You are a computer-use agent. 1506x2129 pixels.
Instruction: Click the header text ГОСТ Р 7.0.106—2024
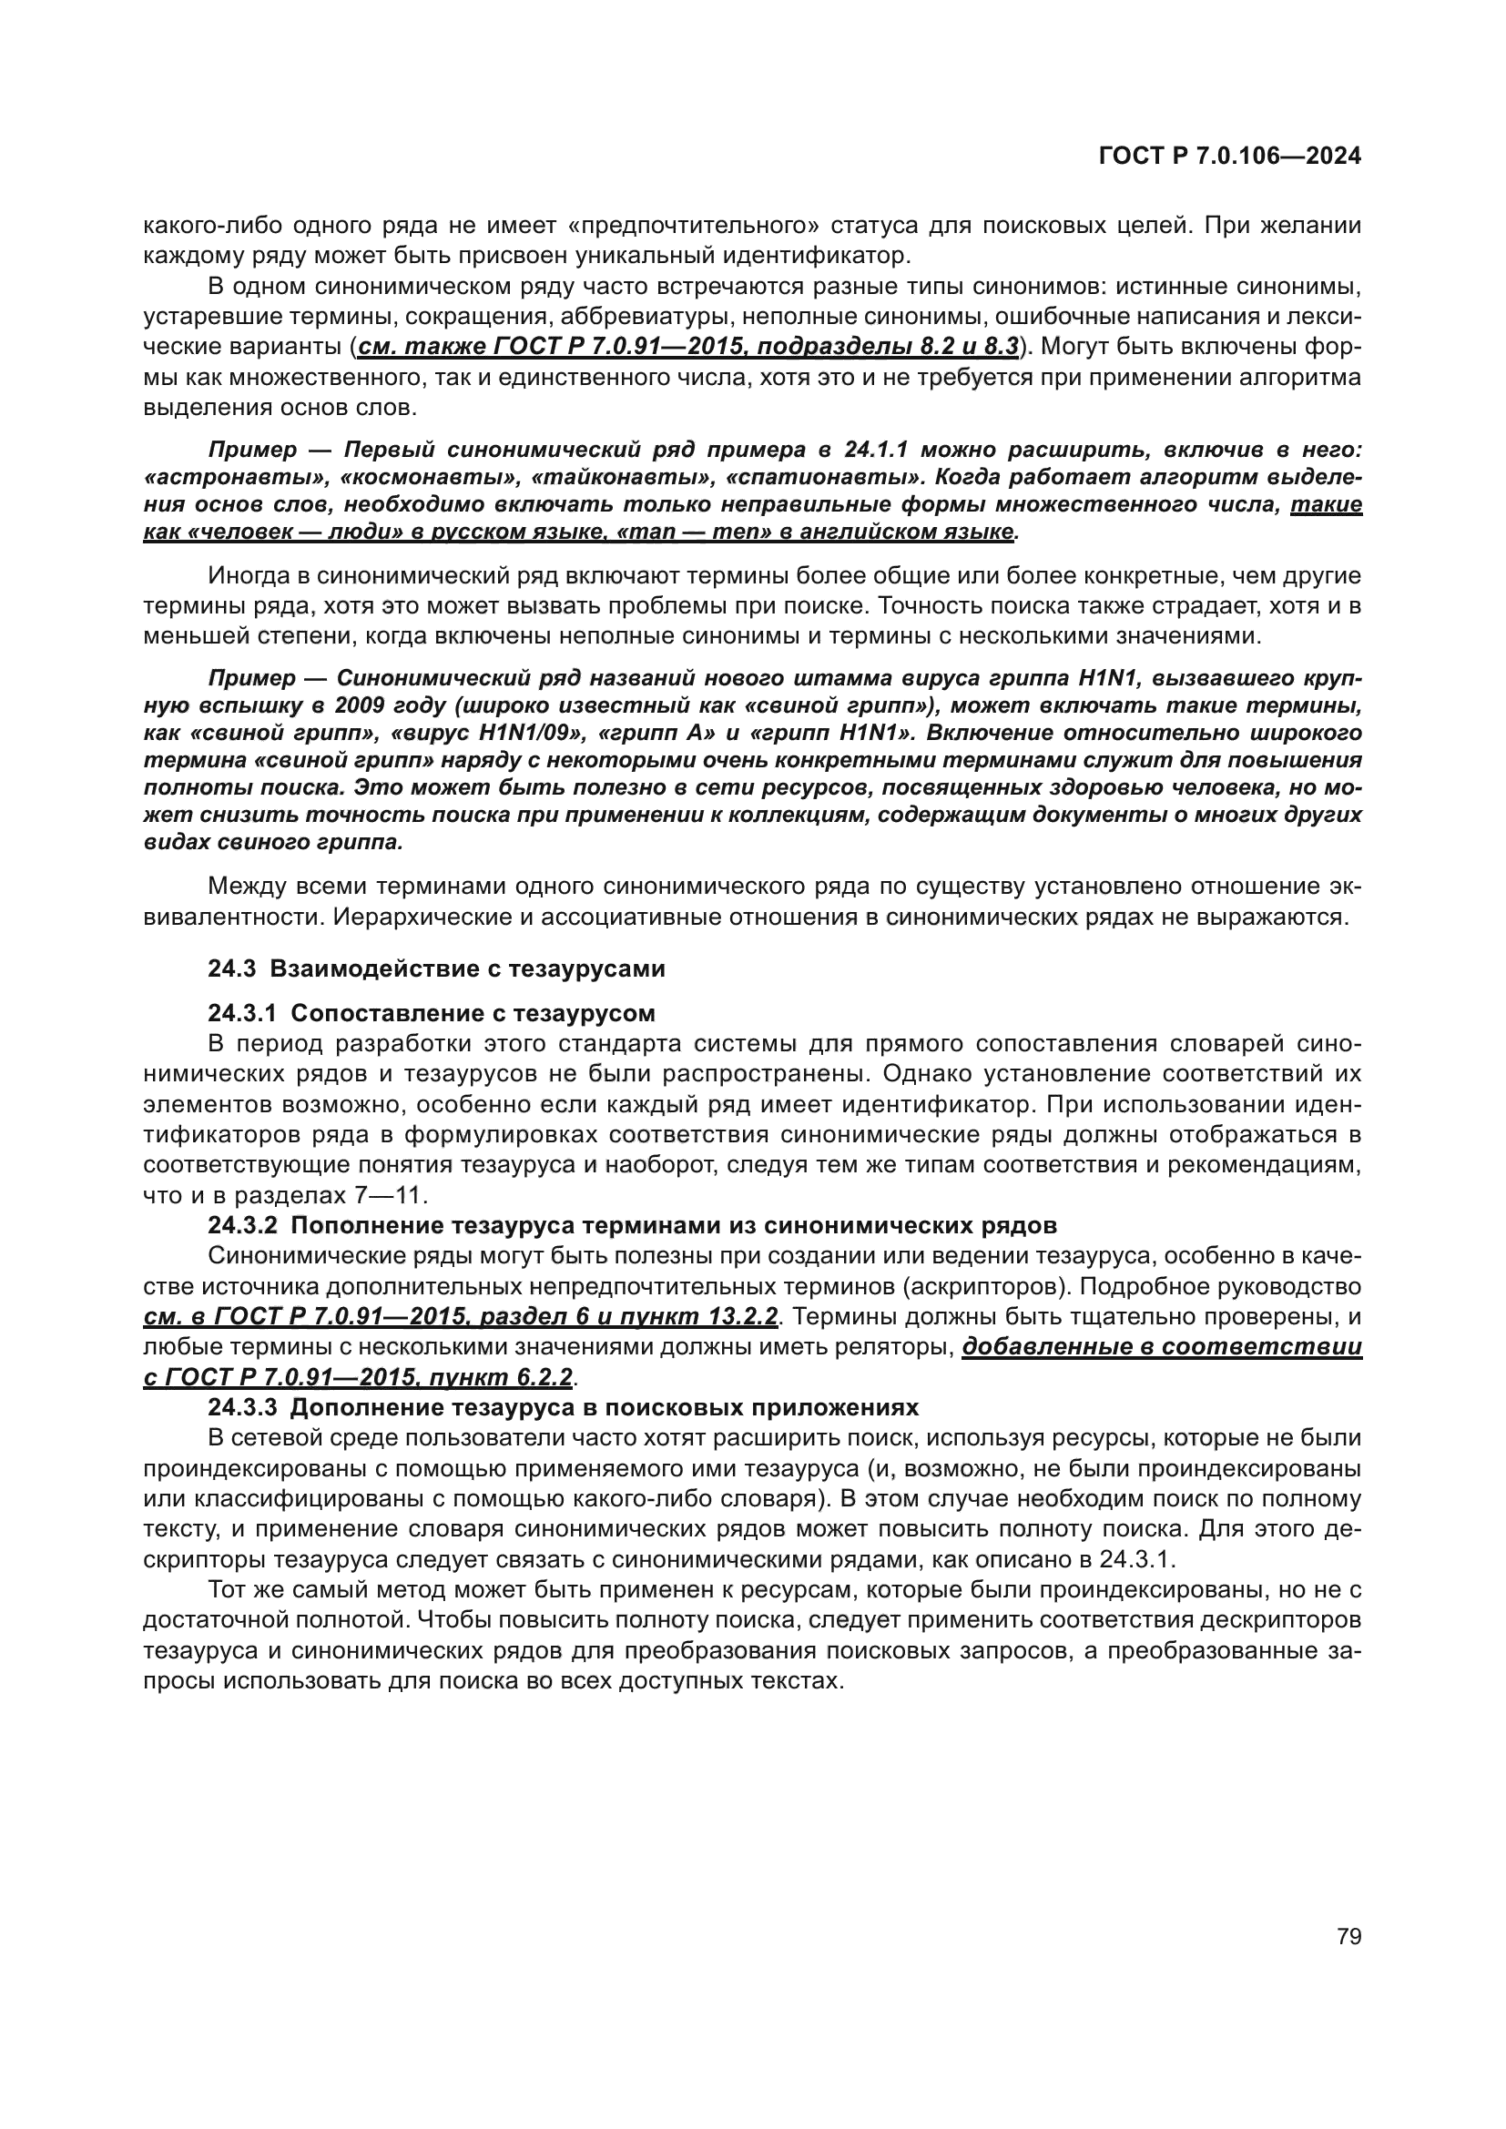(x=1228, y=157)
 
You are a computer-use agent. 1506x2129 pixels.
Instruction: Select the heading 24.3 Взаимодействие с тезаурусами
(x=436, y=969)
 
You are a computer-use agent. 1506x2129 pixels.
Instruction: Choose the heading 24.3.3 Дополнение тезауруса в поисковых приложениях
(x=563, y=1407)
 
